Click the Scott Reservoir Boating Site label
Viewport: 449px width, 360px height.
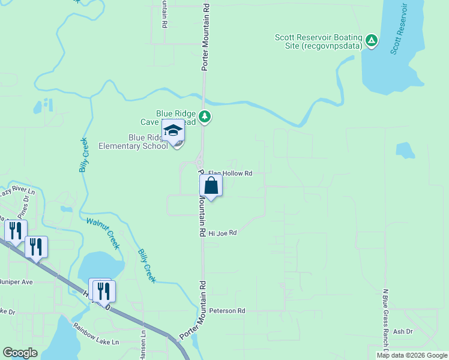319,41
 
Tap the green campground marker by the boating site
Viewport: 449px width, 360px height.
372,40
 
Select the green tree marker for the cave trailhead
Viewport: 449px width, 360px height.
205,116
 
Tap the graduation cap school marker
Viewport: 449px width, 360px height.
173,131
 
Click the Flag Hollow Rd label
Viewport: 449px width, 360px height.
230,173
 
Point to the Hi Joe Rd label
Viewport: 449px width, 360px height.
223,233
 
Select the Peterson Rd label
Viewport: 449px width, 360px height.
228,311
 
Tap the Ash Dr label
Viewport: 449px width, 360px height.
403,331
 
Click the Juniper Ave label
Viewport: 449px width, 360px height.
16,281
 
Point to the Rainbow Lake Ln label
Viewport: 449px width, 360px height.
96,334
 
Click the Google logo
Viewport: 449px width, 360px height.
20,353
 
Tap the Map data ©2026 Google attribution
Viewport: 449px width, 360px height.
412,355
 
